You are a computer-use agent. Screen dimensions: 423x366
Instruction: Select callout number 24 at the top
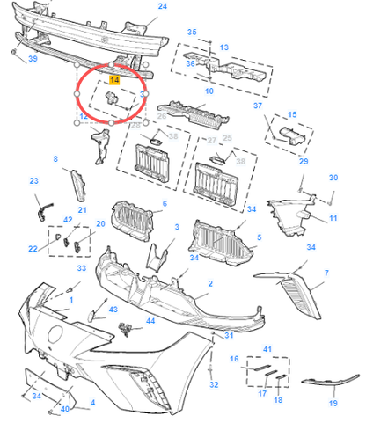coord(161,6)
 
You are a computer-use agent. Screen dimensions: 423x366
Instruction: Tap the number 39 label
coord(32,59)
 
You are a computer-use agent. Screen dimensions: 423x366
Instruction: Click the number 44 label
coord(150,322)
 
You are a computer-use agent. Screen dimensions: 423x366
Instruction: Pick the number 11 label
coord(333,217)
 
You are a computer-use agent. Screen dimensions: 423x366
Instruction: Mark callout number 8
coord(55,159)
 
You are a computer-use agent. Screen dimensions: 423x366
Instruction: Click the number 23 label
coord(34,181)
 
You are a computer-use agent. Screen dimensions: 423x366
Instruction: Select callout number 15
coord(292,114)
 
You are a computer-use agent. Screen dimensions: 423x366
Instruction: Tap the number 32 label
coord(214,385)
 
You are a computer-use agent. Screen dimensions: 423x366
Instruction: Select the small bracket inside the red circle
coord(113,97)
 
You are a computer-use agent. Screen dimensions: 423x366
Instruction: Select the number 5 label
coord(258,237)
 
